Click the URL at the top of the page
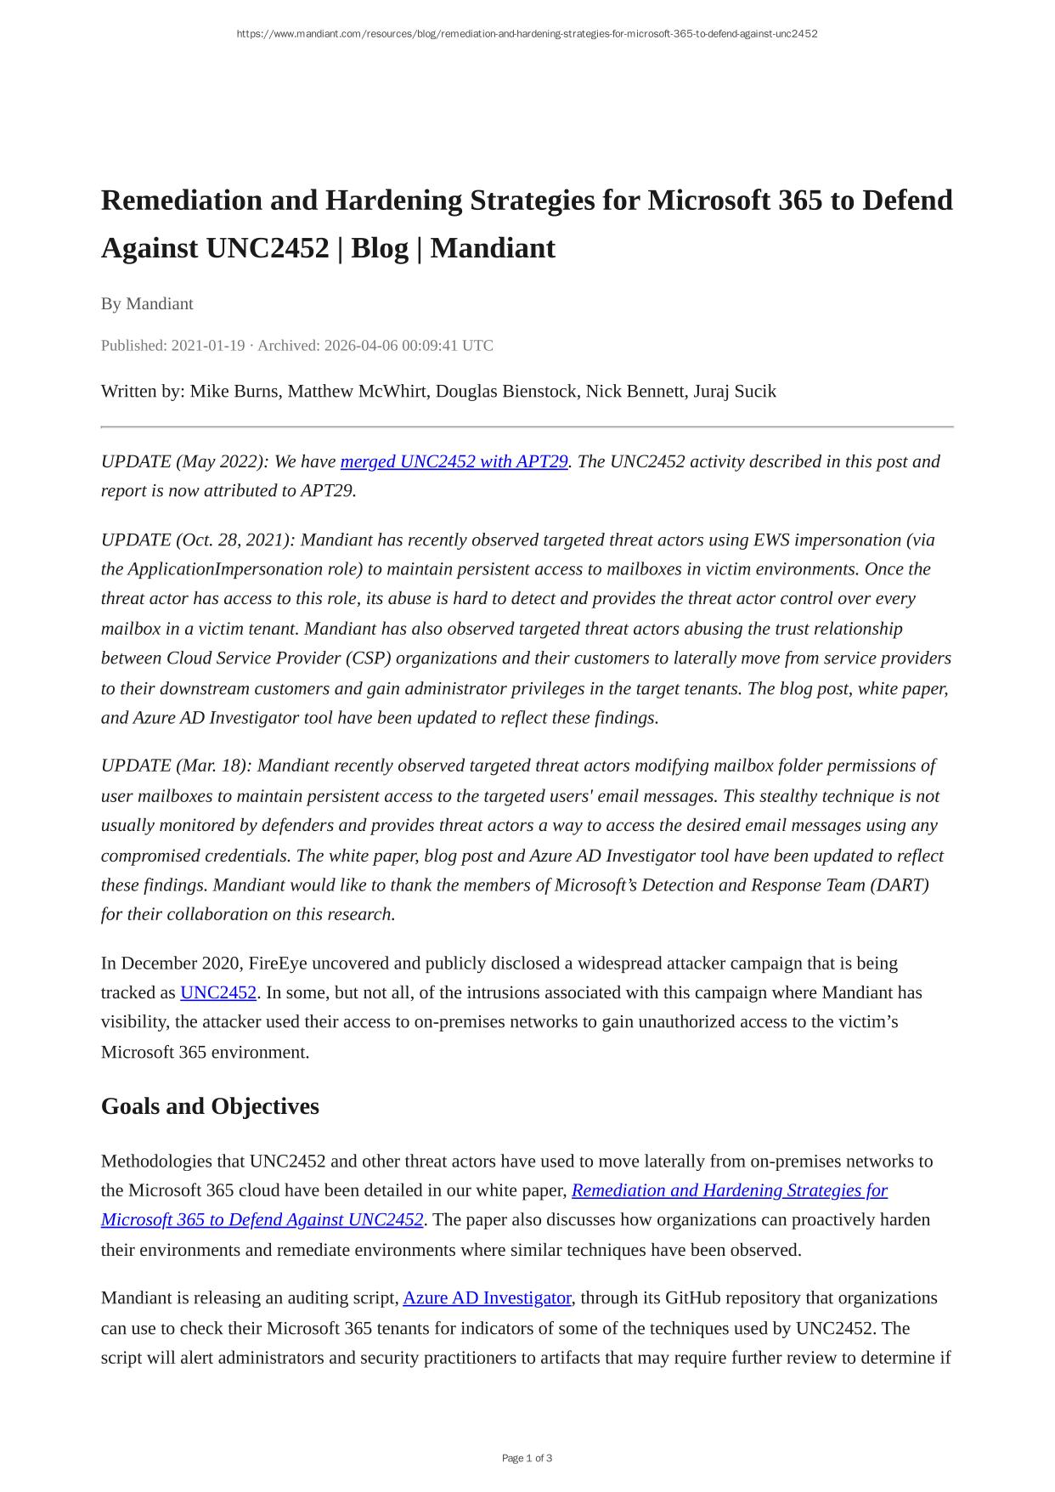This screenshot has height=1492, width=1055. pos(527,34)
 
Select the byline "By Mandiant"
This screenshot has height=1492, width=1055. pos(147,303)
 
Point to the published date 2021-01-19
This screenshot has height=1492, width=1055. pos(208,346)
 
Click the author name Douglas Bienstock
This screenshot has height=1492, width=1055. pos(506,391)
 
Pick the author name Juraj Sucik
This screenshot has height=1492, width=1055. pos(735,391)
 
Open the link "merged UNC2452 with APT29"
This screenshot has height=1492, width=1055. pos(454,461)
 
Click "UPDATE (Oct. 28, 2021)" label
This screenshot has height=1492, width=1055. pos(197,540)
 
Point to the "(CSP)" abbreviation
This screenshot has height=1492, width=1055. pos(368,658)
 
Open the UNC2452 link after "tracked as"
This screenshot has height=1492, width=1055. pos(218,992)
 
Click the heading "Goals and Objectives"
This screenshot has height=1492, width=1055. pos(210,1106)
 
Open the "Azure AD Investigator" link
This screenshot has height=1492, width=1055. pos(487,1298)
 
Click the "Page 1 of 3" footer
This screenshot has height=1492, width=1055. pos(527,1458)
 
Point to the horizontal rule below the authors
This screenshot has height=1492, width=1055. pos(527,427)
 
